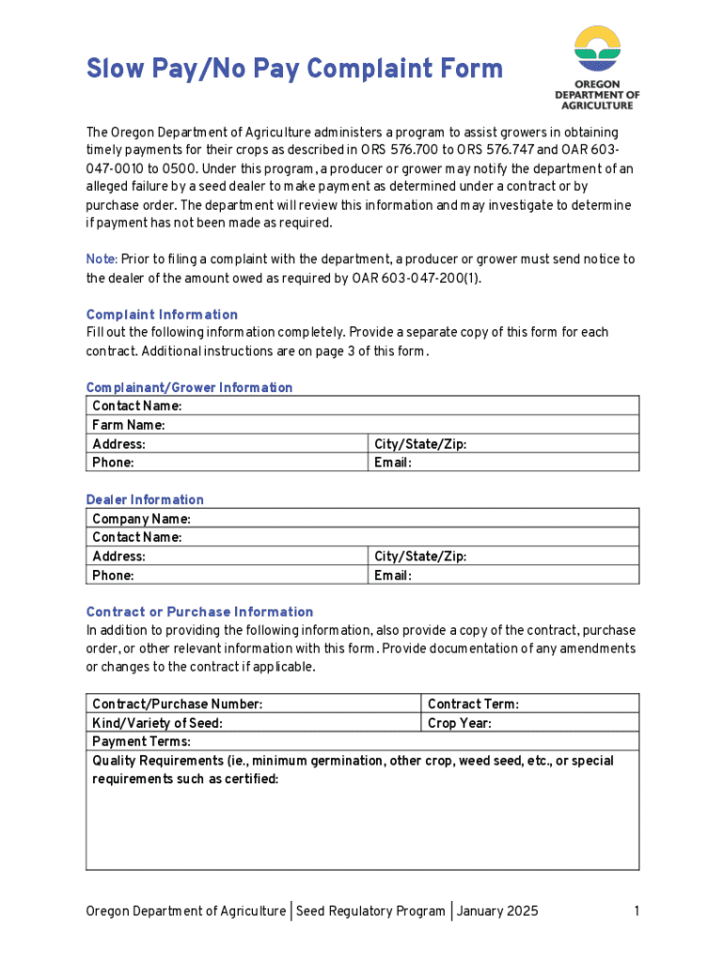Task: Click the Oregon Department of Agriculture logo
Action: pos(597,68)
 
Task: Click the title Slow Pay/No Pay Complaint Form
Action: pos(294,70)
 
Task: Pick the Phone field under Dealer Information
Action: pos(244,576)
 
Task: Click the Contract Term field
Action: pos(574,704)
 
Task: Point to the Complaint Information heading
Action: pos(162,314)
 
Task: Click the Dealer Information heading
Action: pos(145,499)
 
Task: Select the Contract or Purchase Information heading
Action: pos(199,611)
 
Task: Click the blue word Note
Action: pos(101,259)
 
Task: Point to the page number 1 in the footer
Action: pos(637,910)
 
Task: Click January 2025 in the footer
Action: pos(497,910)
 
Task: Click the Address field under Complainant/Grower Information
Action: pos(244,444)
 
